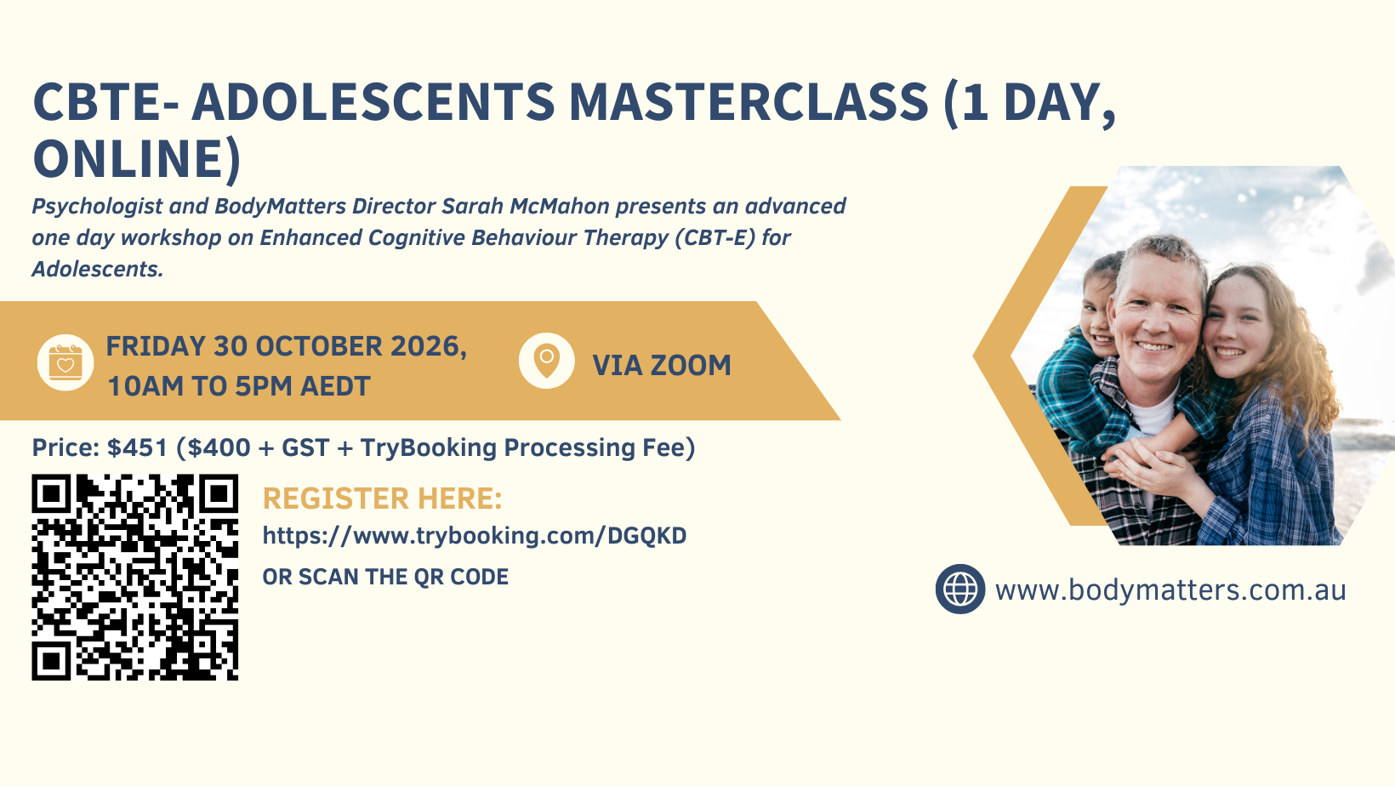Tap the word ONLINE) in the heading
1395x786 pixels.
point(137,159)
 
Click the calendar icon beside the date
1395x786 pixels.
point(65,362)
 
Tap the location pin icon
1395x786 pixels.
point(547,361)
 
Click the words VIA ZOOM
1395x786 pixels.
point(662,366)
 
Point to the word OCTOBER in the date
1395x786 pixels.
point(320,346)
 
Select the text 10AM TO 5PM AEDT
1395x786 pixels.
point(239,386)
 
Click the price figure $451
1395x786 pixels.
point(138,447)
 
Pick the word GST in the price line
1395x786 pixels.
point(305,447)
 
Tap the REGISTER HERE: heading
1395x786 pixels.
point(383,498)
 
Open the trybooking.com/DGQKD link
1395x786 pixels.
point(475,536)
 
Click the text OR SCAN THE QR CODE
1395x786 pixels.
point(385,577)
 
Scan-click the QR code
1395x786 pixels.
point(135,578)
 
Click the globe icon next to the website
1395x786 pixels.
point(960,589)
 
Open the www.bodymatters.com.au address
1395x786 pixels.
point(1170,590)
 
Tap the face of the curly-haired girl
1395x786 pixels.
point(1236,327)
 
